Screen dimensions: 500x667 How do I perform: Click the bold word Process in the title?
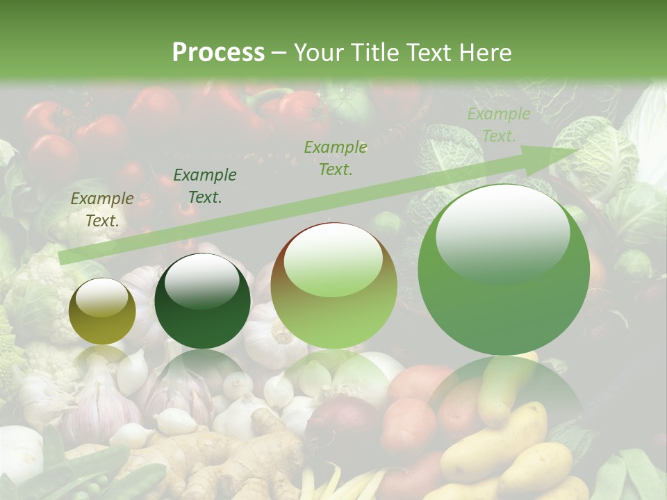(218, 52)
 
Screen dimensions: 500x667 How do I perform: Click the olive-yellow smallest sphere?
(102, 312)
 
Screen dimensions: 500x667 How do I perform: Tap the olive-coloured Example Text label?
(102, 210)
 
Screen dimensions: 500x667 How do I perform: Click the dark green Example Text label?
(205, 186)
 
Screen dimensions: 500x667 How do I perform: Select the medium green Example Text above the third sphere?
(336, 158)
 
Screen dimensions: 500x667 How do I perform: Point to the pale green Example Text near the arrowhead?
(498, 125)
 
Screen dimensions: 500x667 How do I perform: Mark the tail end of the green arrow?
(66, 258)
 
